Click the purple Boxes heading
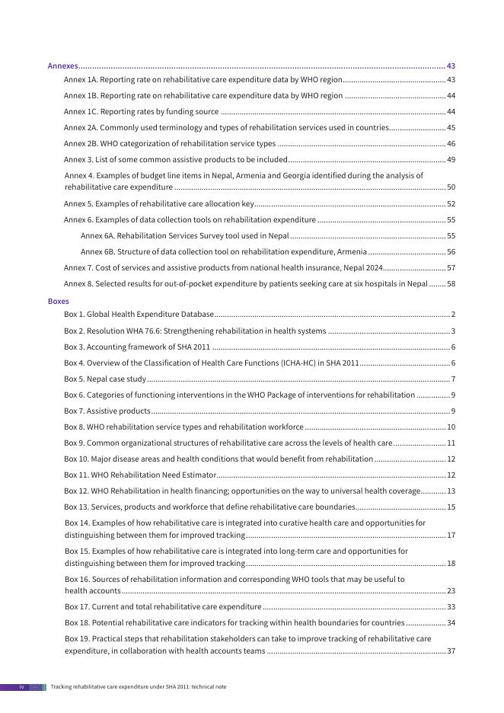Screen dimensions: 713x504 click(58, 301)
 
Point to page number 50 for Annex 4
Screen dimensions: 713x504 click(451, 187)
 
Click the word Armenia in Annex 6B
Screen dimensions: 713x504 click(352, 252)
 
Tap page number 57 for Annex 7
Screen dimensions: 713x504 click(451, 268)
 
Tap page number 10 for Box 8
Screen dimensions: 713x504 click(451, 427)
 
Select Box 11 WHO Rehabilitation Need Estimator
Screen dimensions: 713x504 click(140, 475)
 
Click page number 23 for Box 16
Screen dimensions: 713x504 click(451, 591)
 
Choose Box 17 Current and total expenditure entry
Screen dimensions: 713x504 click(163, 607)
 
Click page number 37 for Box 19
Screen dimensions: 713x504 click(451, 651)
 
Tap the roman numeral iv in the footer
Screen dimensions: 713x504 click(22, 687)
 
